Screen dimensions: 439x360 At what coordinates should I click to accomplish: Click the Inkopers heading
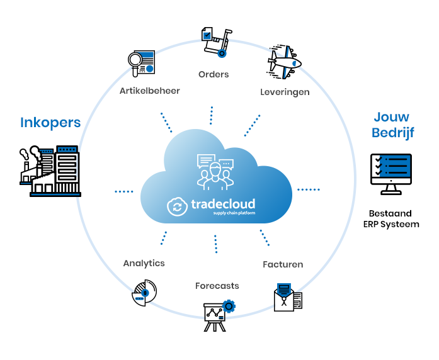tap(50, 123)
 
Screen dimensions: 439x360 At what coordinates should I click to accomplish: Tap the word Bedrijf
tap(393, 133)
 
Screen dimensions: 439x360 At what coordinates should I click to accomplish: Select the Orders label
tap(214, 74)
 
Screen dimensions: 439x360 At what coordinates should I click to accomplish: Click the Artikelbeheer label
tap(150, 91)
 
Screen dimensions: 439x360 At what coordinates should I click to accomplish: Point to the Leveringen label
tap(285, 93)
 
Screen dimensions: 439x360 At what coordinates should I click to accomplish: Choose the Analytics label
tap(144, 263)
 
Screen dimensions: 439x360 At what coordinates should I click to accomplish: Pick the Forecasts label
tap(217, 286)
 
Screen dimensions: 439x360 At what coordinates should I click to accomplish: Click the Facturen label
tap(283, 264)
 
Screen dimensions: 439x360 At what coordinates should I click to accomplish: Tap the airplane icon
tap(284, 62)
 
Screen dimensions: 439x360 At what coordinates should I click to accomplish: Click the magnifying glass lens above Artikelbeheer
tap(135, 60)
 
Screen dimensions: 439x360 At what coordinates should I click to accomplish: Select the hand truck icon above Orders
tap(217, 42)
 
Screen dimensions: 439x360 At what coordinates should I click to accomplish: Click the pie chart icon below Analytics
tap(144, 293)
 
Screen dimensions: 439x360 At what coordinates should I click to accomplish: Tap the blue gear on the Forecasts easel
tap(229, 307)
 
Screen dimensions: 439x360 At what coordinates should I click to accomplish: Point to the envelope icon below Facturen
tap(288, 297)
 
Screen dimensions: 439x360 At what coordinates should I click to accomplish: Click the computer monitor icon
tap(391, 174)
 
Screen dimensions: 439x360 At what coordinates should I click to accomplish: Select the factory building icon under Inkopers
tap(50, 171)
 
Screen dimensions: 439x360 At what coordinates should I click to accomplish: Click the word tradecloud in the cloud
tap(223, 204)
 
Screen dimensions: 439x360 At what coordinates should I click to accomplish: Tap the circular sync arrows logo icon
tap(177, 207)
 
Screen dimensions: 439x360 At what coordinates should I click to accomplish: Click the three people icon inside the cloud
tap(215, 172)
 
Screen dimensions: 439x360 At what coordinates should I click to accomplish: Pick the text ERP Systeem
tap(391, 225)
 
